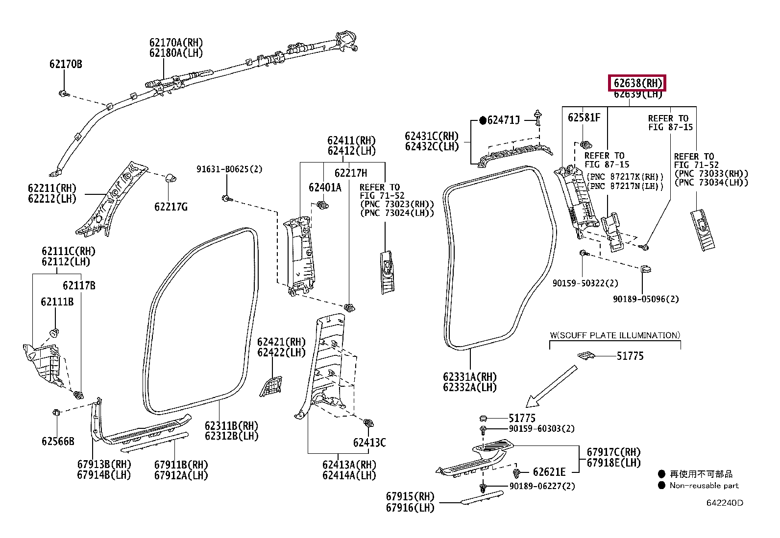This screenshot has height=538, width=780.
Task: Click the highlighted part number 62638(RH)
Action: pos(637,83)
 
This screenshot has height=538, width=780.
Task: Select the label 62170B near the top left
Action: pos(66,64)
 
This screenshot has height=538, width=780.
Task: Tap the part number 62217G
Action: pos(171,207)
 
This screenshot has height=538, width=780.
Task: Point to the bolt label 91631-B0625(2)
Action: pos(229,169)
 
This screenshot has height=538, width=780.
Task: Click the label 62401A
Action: pos(325,187)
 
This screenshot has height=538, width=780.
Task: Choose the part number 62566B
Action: pos(58,442)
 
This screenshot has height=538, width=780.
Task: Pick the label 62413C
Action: pos(369,443)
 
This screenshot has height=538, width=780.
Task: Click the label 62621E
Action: pos(549,472)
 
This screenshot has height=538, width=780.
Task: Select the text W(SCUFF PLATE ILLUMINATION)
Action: pos(615,335)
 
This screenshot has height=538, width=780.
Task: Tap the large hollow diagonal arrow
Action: pos(551,387)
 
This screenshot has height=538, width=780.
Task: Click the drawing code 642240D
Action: pos(725,503)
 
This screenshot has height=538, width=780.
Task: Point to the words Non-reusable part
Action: pos(704,486)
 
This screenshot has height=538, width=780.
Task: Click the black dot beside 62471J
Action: pos(483,120)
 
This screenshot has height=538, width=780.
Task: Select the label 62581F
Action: pos(584,117)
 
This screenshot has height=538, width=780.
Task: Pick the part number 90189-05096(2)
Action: pos(646,299)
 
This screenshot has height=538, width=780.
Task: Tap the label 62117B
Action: pos(79,285)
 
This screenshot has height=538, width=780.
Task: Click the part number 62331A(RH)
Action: pos(470,377)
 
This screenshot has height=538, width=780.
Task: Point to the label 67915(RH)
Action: pos(410,497)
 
